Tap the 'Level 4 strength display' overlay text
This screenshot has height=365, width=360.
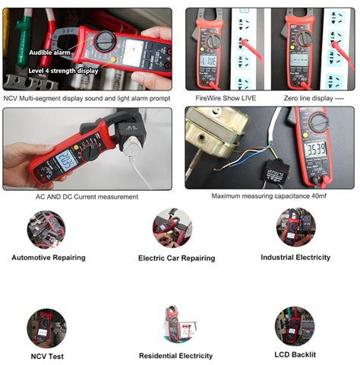click(63, 71)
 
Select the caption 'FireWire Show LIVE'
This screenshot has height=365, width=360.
click(226, 98)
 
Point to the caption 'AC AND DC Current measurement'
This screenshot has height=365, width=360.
click(87, 196)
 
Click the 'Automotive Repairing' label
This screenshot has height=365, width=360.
click(49, 257)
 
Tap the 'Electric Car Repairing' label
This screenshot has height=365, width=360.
click(176, 258)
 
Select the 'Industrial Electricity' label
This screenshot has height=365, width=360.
click(295, 257)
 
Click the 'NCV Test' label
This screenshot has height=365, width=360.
click(48, 355)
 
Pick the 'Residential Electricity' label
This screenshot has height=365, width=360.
click(175, 355)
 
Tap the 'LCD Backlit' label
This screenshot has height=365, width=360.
click(294, 354)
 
